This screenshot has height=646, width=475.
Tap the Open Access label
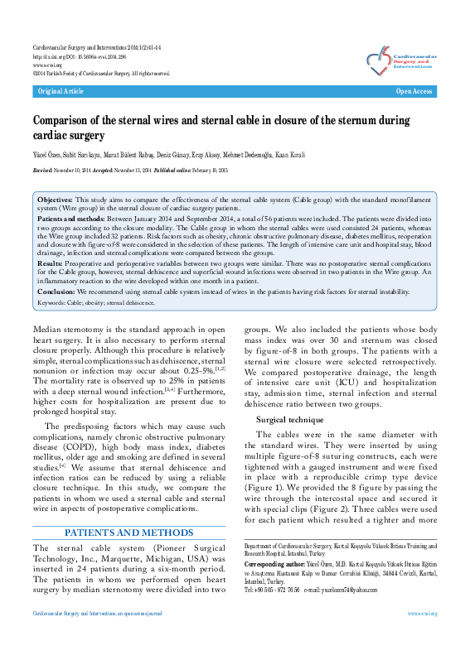coord(414,91)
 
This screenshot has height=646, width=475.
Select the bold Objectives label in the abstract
coord(56,200)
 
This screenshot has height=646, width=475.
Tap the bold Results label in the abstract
coord(51,261)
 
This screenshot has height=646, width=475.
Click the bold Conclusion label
coord(57,291)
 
